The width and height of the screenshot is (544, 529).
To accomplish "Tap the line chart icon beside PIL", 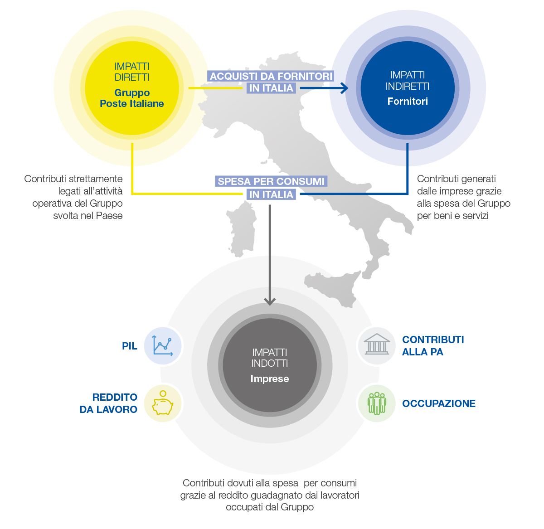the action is point(162,345).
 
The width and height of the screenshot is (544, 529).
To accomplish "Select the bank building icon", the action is point(377,344).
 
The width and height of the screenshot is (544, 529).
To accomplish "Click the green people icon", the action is point(377,403).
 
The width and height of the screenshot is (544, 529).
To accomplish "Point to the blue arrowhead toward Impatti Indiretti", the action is point(344,88).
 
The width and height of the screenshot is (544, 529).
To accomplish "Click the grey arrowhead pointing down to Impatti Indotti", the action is point(270,302).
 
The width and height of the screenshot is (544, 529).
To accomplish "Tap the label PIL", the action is point(130,346).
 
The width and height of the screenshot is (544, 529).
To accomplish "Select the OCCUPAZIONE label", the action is point(439,403).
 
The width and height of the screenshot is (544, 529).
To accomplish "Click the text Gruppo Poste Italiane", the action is point(131,98).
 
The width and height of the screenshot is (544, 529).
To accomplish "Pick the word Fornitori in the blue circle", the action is point(407,101).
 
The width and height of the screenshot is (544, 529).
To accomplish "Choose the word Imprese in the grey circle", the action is point(270,379).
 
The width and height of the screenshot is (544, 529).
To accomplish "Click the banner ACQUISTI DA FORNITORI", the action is point(271,76).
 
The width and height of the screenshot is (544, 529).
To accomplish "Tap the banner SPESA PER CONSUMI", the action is point(271,181).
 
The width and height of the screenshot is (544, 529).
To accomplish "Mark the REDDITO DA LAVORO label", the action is point(108,403).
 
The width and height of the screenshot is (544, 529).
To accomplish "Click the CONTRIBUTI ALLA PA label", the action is point(433,345).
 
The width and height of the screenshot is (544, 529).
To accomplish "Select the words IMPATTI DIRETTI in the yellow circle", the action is point(131,72).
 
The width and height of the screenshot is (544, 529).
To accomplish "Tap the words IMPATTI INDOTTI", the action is point(270,357).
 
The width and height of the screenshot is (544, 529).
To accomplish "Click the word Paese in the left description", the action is point(109,216).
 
